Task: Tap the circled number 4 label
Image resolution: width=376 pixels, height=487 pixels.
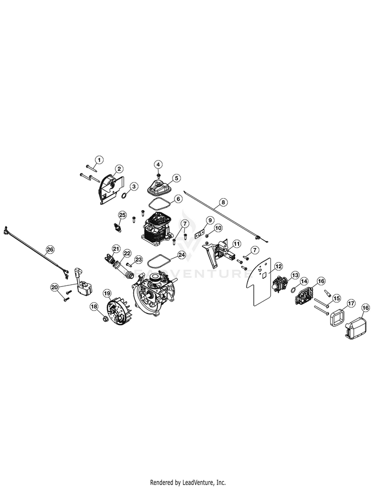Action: (x=158, y=164)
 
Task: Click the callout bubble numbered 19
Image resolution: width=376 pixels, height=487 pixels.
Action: (x=106, y=292)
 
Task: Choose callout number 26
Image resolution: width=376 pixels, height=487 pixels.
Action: (x=49, y=249)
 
